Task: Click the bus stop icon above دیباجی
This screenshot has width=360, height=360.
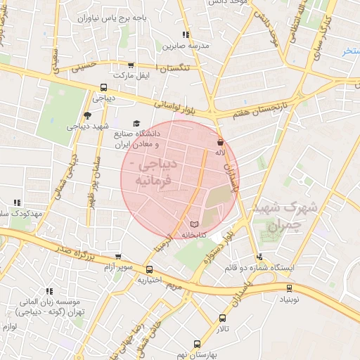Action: (x=104, y=89)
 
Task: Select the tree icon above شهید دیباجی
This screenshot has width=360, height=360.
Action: (x=87, y=115)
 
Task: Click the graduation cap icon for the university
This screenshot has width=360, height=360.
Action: (x=136, y=122)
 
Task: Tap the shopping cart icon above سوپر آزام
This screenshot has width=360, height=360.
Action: (x=117, y=257)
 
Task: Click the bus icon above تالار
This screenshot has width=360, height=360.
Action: (x=223, y=318)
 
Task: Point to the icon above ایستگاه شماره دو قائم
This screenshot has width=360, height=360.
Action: (x=260, y=257)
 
